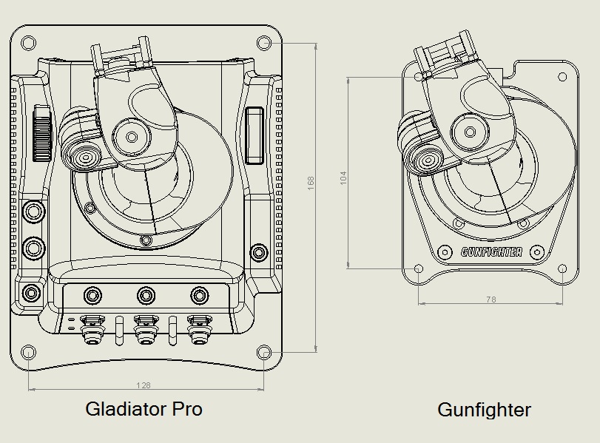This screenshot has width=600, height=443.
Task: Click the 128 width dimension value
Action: coord(144,385)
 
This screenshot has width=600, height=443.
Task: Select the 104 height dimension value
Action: coord(343,177)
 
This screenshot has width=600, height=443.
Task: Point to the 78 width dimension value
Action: coord(491,300)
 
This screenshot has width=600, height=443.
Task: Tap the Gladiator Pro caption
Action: coord(144,409)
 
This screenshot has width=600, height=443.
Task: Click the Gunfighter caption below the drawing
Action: coord(484,410)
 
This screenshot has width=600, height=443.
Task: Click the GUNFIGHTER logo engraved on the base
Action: coord(491,251)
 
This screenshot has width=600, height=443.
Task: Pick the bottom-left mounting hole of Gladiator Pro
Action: coord(27,351)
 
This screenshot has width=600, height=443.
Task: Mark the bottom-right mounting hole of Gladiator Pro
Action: coord(264,351)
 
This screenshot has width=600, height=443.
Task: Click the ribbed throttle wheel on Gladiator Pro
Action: coord(42,134)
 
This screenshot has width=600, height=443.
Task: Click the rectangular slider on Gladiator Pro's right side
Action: coord(254,134)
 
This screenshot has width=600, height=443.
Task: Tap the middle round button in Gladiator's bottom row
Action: coord(146,296)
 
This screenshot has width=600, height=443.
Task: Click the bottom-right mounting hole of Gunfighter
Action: coord(562,269)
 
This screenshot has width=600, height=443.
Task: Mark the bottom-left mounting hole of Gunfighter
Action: coord(418,269)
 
